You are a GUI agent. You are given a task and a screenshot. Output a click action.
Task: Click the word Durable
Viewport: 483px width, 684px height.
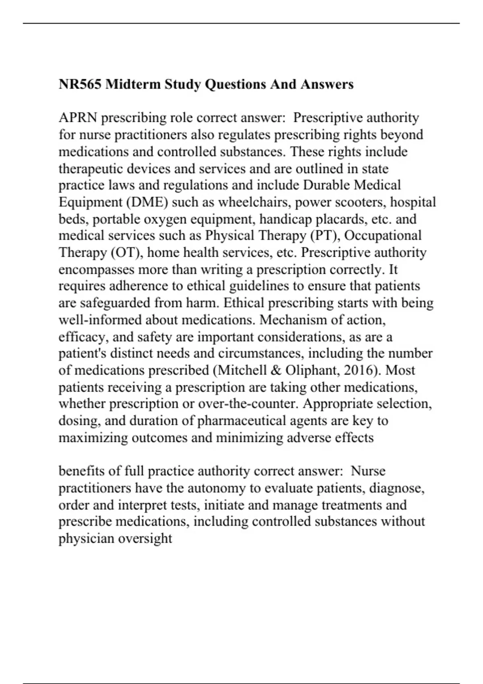(326, 185)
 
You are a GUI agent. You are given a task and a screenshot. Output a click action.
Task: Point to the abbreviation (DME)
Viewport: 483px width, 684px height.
(147, 202)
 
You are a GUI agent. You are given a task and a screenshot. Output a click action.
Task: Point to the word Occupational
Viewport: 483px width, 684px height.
(383, 236)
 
